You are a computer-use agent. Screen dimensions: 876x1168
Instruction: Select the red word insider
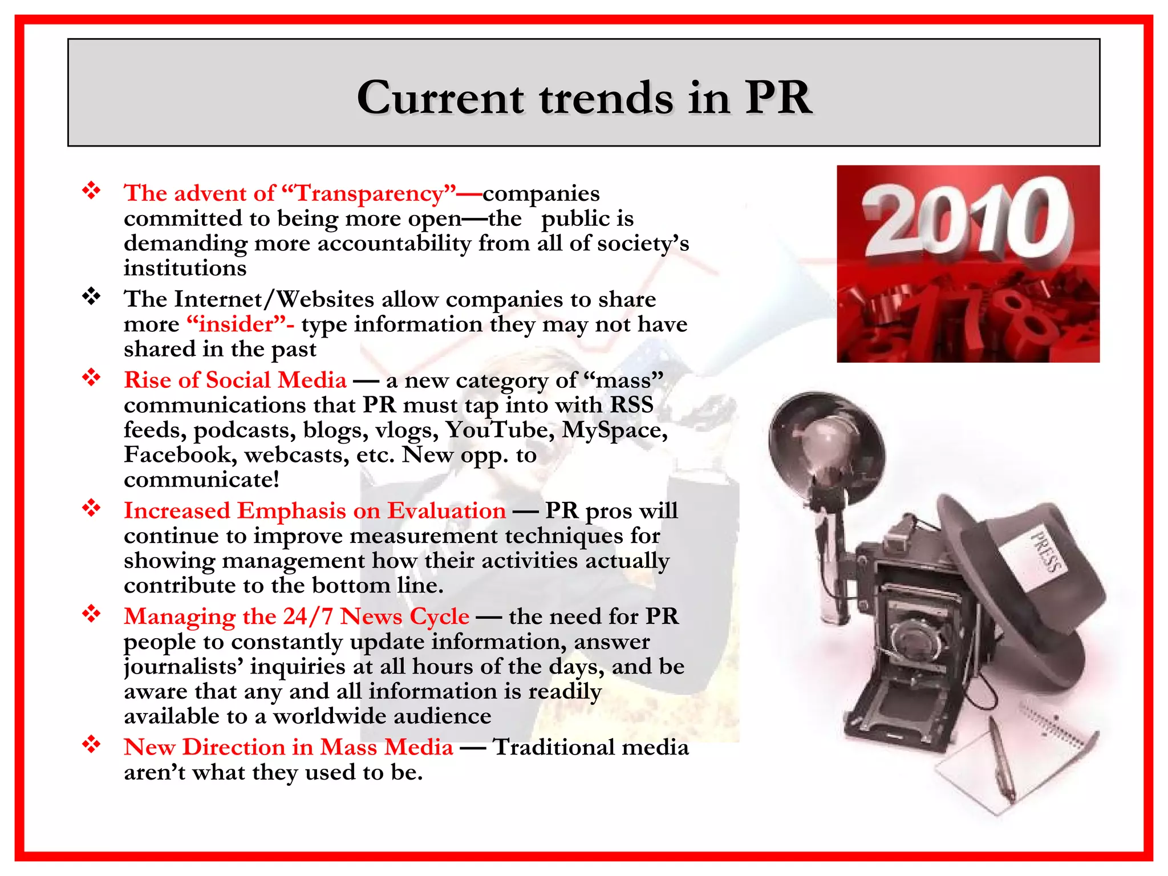point(237,325)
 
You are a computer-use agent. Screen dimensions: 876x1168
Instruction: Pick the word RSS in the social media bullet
point(632,405)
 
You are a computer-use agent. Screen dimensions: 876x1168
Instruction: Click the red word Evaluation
point(447,511)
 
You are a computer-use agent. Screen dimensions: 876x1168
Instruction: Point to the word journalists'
point(183,667)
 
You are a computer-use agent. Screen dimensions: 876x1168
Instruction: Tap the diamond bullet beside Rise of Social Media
point(91,378)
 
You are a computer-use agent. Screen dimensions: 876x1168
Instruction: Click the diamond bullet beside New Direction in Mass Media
point(91,745)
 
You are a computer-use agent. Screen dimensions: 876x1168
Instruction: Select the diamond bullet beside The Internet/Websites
point(91,297)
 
